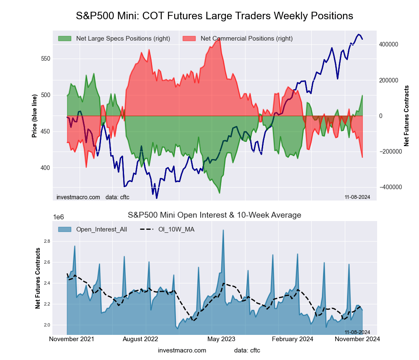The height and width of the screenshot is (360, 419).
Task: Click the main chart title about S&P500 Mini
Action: coord(215,16)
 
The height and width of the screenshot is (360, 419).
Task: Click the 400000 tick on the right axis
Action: coord(388,44)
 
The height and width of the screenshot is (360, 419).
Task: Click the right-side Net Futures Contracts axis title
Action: coord(406,116)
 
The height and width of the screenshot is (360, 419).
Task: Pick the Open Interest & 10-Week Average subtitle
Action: coord(215,215)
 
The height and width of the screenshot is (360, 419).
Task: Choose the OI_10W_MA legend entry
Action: coord(176,229)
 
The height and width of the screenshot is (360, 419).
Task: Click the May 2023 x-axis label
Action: coord(221,339)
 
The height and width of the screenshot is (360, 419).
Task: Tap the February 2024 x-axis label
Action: coord(296,339)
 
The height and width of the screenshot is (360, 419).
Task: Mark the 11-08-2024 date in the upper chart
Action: coord(357,197)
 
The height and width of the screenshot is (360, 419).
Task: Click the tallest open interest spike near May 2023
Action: coord(223,230)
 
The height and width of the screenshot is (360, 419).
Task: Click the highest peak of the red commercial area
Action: coord(220,39)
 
